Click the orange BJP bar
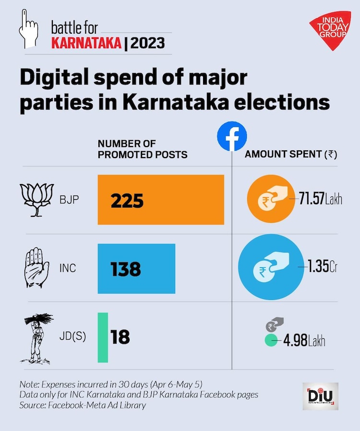click(161, 199)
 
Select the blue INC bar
click(136, 269)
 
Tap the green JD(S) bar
click(103, 337)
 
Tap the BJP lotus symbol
click(36, 199)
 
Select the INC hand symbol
click(36, 268)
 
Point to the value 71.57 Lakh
click(321, 199)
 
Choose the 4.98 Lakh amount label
click(304, 342)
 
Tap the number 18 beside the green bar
click(120, 337)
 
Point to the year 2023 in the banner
click(147, 44)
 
